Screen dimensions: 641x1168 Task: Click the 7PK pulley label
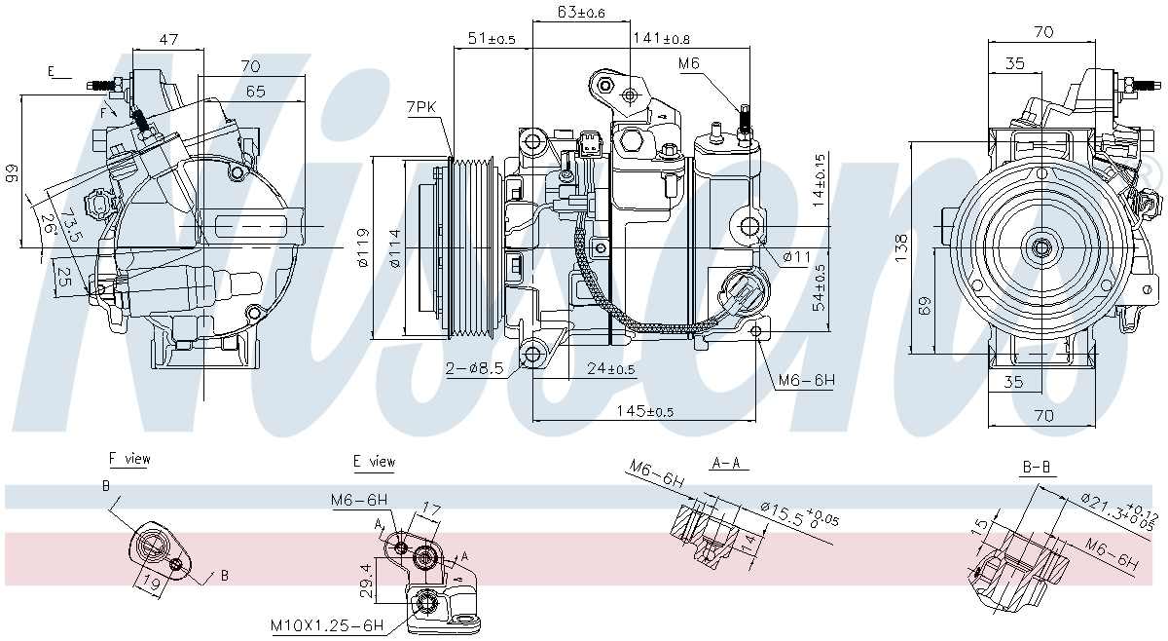tap(422, 107)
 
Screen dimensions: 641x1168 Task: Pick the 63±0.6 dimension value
tap(580, 12)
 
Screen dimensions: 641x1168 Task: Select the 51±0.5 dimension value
tap(493, 39)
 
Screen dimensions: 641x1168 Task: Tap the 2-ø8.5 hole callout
tap(475, 369)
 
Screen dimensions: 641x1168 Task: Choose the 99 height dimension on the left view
tap(12, 173)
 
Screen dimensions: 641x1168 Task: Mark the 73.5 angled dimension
tap(69, 223)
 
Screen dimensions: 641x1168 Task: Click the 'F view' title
tap(129, 458)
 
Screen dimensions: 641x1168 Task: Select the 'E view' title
tap(375, 461)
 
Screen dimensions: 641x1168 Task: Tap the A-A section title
tap(725, 464)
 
